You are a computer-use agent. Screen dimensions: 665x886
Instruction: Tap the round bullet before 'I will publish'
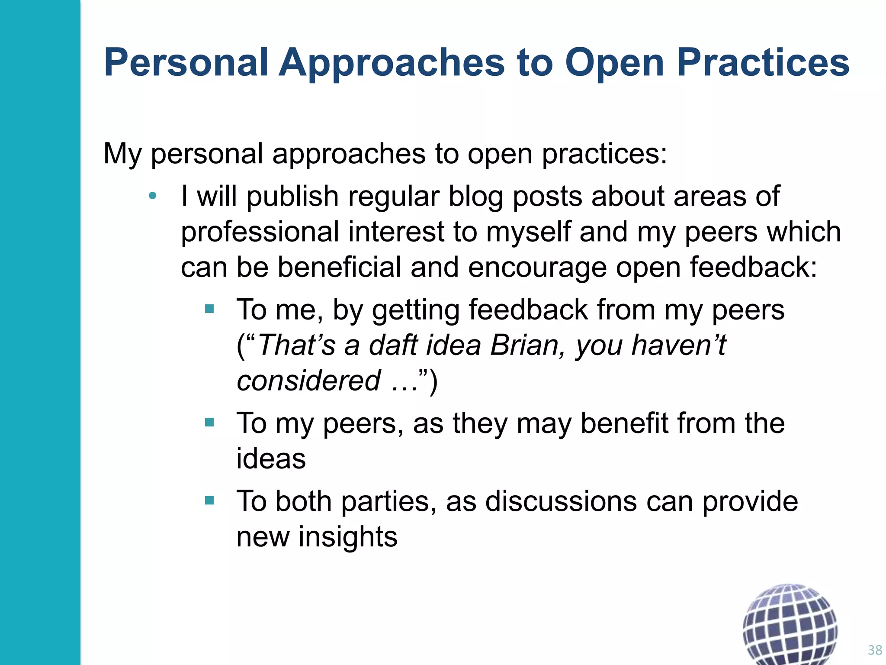pos(152,196)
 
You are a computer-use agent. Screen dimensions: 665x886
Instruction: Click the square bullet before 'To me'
pos(209,309)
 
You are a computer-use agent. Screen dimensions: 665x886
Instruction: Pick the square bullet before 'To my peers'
pos(209,422)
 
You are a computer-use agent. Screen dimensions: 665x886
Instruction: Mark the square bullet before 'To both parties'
pos(209,500)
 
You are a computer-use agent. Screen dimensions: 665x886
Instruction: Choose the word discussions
pos(561,502)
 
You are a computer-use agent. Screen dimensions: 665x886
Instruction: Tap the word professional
pos(260,233)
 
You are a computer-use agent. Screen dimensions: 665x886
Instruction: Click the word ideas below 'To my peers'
pos(271,459)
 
